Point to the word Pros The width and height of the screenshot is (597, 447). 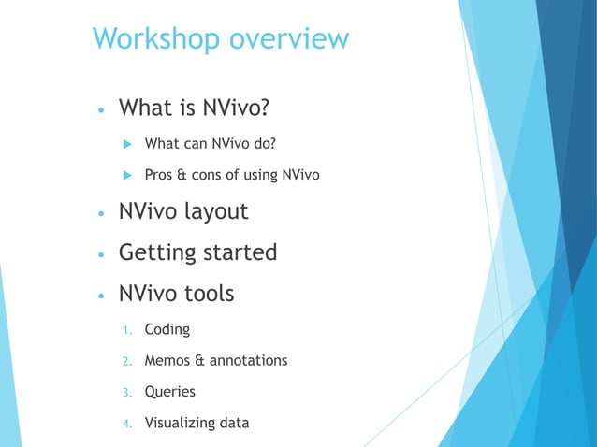click(160, 174)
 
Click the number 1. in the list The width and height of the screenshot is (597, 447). click(127, 330)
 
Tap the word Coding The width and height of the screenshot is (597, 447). click(167, 330)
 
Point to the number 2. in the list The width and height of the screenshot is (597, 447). click(127, 361)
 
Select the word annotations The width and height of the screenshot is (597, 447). click(248, 360)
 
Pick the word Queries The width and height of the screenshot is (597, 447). click(170, 392)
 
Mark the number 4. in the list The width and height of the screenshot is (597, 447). click(127, 424)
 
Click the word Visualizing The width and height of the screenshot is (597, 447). click(179, 423)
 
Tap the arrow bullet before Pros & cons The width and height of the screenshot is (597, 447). click(126, 175)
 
